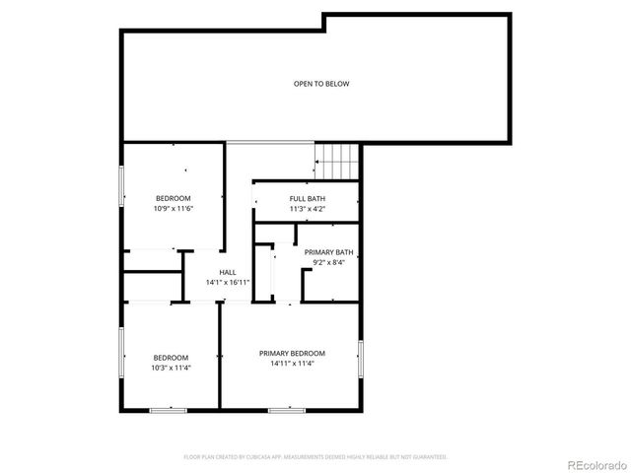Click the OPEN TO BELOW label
321,84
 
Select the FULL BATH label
307,198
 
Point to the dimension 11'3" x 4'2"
307,209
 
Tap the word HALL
228,272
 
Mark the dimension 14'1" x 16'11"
228,283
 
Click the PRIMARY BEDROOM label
292,353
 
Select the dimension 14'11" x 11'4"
292,363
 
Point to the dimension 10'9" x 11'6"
173,209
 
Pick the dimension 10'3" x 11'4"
171,368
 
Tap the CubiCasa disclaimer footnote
315,457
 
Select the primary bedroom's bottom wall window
286,409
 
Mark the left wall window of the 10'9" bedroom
122,186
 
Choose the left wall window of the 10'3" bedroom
122,355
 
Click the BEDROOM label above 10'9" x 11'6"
173,198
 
